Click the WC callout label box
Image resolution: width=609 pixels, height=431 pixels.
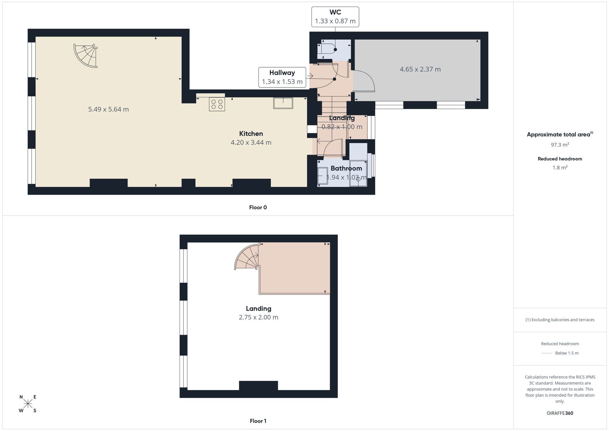335,17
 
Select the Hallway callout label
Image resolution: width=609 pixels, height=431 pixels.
282,77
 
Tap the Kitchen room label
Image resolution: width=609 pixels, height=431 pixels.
251,134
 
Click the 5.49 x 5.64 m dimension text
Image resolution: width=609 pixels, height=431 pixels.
108,109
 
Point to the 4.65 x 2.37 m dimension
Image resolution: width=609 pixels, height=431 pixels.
420,69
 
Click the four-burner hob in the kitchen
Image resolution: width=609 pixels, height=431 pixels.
217,104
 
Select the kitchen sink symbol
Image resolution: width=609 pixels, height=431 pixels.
283,103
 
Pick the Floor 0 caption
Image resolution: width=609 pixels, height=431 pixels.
258,208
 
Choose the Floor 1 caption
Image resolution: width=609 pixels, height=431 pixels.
258,421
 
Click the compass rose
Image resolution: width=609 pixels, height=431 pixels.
28,404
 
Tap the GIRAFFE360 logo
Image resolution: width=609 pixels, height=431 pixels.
560,413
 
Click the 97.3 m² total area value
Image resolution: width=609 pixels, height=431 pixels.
560,145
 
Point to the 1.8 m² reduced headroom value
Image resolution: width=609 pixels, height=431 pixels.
560,167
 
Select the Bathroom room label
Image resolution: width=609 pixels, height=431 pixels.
346,168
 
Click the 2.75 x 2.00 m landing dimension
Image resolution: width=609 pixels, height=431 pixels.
259,318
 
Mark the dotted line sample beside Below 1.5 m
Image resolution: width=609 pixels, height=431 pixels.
547,353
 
